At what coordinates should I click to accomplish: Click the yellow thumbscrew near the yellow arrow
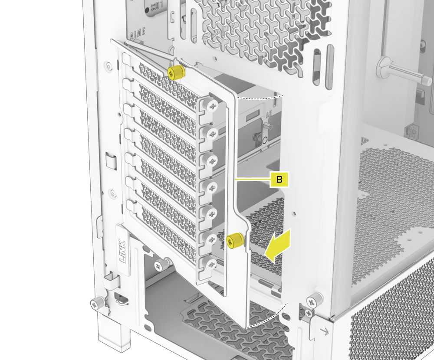(x=235, y=240)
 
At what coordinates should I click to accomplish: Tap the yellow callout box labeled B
(x=279, y=179)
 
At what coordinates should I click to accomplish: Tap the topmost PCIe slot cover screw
(x=212, y=105)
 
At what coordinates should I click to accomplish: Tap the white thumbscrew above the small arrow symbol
(x=313, y=299)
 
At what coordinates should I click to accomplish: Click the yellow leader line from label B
(x=252, y=179)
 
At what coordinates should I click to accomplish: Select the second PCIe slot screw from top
(x=212, y=133)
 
